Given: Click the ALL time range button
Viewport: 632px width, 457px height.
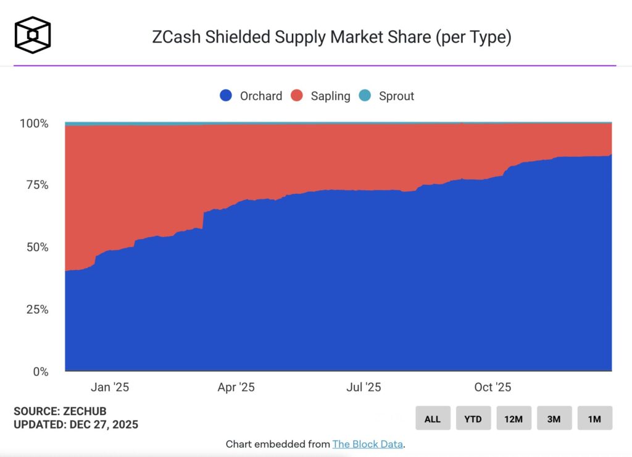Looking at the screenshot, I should [x=433, y=419].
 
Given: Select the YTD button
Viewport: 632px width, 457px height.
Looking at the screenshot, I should [x=473, y=419].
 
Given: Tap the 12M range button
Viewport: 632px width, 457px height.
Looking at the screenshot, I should [x=513, y=419].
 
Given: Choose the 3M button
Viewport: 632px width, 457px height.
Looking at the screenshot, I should [x=554, y=419].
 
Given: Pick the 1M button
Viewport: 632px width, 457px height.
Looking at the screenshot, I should [x=594, y=419].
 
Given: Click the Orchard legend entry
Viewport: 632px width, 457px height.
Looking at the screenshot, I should [x=251, y=96].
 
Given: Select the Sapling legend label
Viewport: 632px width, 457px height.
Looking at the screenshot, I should [x=321, y=96].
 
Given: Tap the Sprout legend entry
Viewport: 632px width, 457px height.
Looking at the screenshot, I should [x=387, y=96].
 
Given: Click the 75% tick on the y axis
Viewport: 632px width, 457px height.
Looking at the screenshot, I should [x=36, y=185].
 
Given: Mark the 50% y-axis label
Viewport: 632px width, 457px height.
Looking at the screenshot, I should [x=36, y=247].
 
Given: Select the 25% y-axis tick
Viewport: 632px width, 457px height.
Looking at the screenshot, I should [x=36, y=309].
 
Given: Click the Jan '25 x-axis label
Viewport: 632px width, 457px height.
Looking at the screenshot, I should [x=109, y=387].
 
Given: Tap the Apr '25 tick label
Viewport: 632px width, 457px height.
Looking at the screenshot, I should [x=236, y=387].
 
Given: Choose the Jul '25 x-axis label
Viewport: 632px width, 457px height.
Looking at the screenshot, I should [x=364, y=387].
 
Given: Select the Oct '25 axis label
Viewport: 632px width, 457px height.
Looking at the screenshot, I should [x=492, y=387].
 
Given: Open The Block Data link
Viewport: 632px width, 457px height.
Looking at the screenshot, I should [x=367, y=443].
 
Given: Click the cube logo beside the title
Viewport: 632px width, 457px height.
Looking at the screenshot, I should [x=33, y=35].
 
